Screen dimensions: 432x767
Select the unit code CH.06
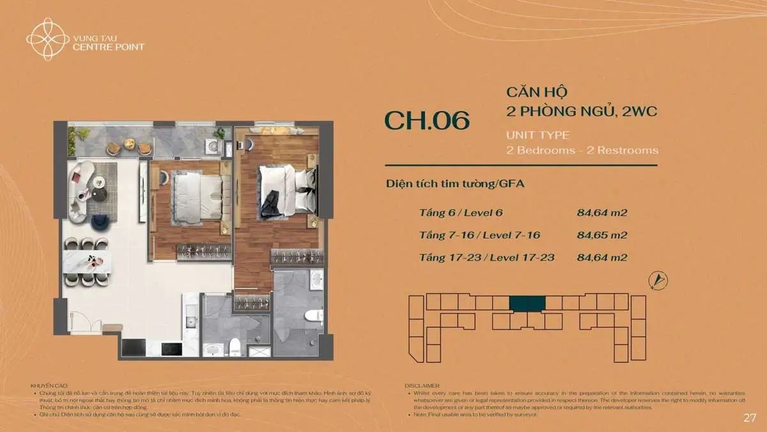click(427, 120)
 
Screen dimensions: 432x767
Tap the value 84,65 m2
click(601, 235)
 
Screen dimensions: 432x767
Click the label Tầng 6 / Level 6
click(465, 212)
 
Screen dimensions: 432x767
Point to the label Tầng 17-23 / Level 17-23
click(486, 258)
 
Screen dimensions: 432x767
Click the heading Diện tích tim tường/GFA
click(456, 184)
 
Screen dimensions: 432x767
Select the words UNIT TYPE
click(538, 136)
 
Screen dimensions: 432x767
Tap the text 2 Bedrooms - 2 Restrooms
click(582, 150)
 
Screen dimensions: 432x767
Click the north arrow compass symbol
click(658, 280)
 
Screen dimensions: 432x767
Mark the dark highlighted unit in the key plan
click(527, 304)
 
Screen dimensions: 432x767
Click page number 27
click(750, 418)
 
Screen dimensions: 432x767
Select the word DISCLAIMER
click(421, 386)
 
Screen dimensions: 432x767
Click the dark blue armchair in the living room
click(100, 222)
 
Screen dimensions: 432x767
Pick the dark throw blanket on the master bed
click(270, 203)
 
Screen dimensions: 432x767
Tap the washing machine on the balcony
click(212, 146)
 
